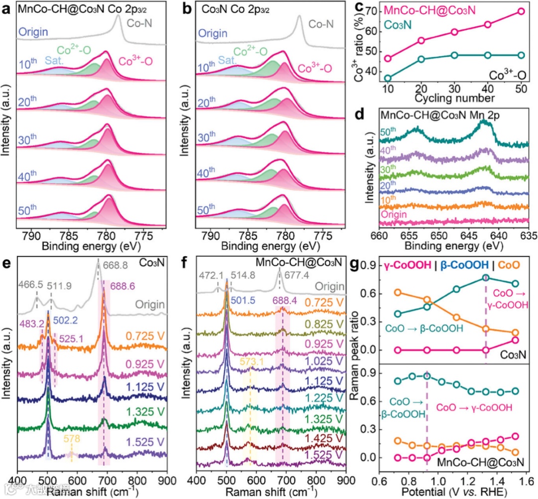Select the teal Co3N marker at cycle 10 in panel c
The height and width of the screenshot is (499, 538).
coord(388,78)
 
